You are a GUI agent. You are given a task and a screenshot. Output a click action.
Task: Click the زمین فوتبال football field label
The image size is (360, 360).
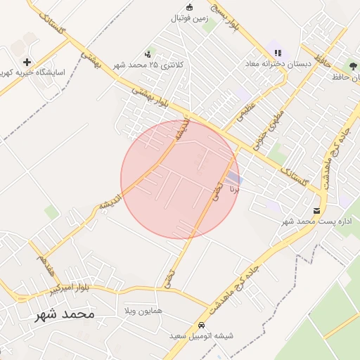(x=189, y=19)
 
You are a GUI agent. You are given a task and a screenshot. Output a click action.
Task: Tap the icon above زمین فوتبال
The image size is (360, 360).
(x=188, y=8)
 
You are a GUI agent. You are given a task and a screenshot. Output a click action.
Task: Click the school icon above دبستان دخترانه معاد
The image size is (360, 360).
(x=278, y=53)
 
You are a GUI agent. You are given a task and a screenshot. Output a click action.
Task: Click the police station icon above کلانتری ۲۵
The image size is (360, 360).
(x=147, y=53)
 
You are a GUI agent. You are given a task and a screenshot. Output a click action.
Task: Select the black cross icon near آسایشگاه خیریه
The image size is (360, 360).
(x=27, y=63)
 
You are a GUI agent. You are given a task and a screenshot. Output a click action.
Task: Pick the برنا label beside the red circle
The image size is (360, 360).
(x=239, y=188)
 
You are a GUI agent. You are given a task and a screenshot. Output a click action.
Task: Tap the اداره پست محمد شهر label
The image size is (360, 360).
(x=316, y=221)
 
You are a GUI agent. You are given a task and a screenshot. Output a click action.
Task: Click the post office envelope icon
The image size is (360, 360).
(x=317, y=210)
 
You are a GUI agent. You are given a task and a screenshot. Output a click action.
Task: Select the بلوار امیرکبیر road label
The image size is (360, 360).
(x=70, y=289)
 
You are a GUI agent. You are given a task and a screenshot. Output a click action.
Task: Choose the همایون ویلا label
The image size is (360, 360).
(x=143, y=309)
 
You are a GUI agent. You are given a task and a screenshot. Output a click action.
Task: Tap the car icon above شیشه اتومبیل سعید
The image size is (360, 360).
(x=202, y=326)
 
